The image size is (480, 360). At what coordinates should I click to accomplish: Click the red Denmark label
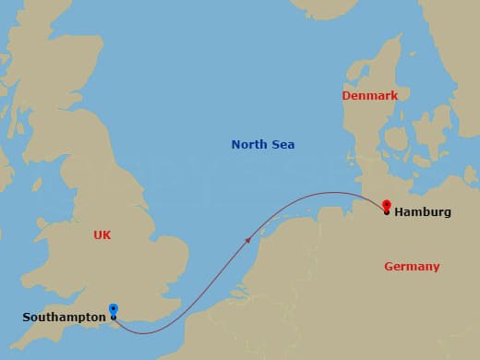[369, 96]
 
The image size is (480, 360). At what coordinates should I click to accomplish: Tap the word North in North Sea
[249, 145]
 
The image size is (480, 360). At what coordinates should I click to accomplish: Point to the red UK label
[102, 235]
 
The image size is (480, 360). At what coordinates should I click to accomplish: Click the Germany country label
[412, 267]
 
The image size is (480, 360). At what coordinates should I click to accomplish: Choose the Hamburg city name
[423, 212]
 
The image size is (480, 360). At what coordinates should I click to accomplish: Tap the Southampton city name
[64, 318]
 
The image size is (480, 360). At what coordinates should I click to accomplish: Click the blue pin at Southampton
[113, 310]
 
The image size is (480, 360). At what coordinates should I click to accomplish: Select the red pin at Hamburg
[386, 206]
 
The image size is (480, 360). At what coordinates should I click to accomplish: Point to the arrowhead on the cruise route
[247, 240]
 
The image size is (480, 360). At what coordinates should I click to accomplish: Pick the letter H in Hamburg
[399, 212]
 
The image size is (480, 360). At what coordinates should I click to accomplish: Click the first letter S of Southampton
[27, 318]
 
